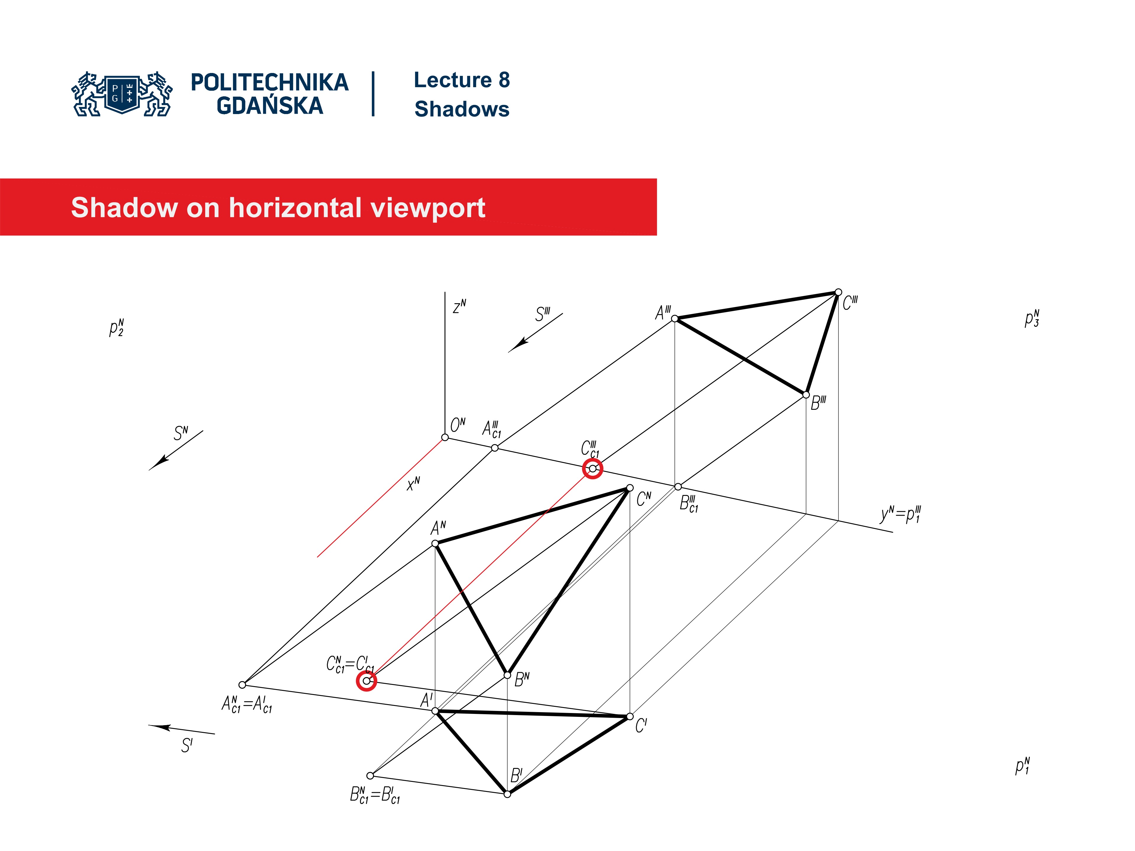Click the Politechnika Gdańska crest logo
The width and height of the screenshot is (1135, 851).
pyautogui.click(x=122, y=94)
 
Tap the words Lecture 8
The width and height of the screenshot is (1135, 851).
pyautogui.click(x=461, y=80)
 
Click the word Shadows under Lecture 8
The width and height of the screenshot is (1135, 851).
pyautogui.click(x=461, y=109)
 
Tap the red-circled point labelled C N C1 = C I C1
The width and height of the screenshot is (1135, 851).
pyautogui.click(x=366, y=681)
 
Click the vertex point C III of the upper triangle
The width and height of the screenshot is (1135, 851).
pyautogui.click(x=838, y=293)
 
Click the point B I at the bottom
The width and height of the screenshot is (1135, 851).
pyautogui.click(x=507, y=794)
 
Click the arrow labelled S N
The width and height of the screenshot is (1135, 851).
pyautogui.click(x=176, y=450)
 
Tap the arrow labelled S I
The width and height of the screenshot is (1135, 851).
pyautogui.click(x=181, y=730)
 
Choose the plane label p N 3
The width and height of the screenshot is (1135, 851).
pyautogui.click(x=1032, y=319)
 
